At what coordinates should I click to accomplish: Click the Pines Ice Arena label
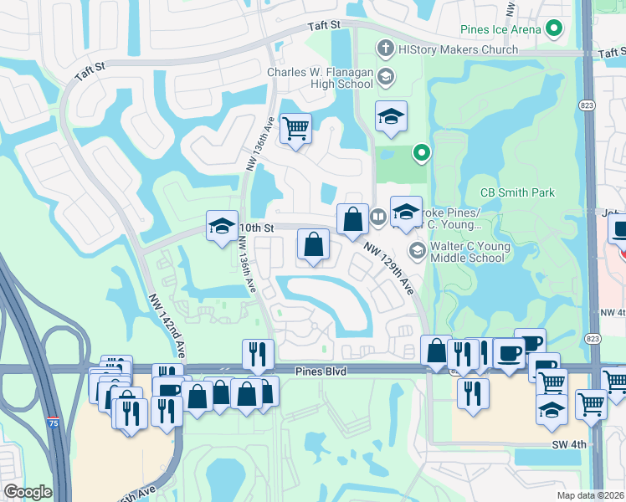[x=500, y=30]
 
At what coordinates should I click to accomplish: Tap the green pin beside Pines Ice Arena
[x=553, y=30]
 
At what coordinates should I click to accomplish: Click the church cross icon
[x=386, y=49]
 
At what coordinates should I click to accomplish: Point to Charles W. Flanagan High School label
[x=320, y=78]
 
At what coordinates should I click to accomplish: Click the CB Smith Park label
[x=517, y=192]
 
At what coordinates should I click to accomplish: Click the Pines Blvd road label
[x=321, y=370]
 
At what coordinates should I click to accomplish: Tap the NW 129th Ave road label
[x=389, y=268]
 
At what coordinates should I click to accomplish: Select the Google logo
[x=27, y=492]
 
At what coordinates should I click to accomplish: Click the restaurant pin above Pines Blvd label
[x=258, y=353]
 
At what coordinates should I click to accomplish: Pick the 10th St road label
[x=257, y=228]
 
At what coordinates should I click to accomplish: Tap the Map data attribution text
[x=591, y=495]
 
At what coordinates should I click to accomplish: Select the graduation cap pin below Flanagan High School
[x=390, y=117]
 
